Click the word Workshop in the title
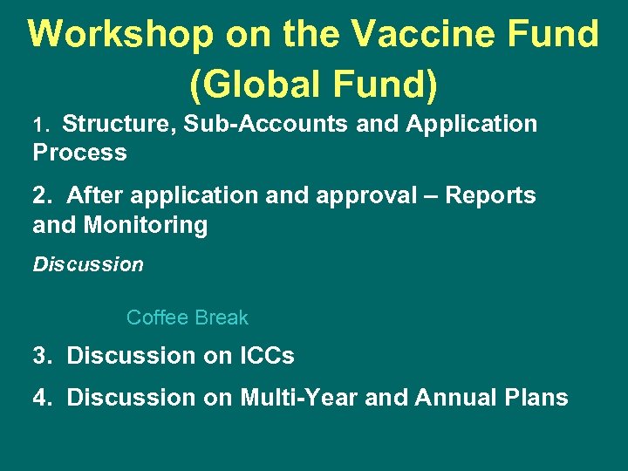(x=121, y=35)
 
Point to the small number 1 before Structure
(x=38, y=126)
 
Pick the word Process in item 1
(x=79, y=153)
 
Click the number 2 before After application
(x=40, y=195)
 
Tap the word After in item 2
(x=92, y=195)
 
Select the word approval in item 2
(x=365, y=195)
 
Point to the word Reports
(x=490, y=195)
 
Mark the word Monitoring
(x=146, y=226)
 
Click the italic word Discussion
(x=88, y=264)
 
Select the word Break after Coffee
(x=223, y=317)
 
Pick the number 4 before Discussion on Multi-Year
(x=40, y=398)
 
